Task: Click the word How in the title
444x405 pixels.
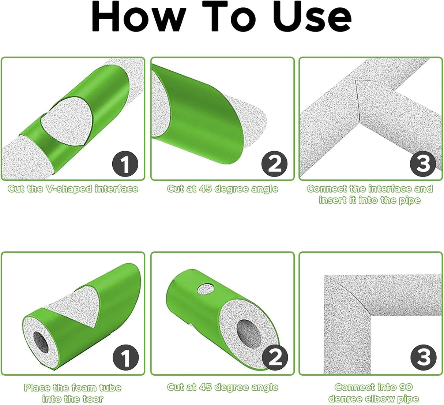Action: click(139, 16)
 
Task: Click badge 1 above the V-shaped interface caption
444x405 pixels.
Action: click(125, 164)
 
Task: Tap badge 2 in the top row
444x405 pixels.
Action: click(274, 164)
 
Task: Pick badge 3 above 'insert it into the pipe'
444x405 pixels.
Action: click(423, 164)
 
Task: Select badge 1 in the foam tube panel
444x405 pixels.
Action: click(125, 357)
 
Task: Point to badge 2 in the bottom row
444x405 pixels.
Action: click(275, 357)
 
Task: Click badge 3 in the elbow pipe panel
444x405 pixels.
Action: click(423, 357)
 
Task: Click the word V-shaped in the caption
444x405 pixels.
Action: click(69, 189)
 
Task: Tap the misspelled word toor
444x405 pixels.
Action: click(93, 399)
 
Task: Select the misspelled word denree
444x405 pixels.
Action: click(345, 399)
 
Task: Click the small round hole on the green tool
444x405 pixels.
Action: click(206, 289)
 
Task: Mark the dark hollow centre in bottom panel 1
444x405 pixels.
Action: click(41, 342)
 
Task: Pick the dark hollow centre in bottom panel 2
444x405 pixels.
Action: click(249, 334)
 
